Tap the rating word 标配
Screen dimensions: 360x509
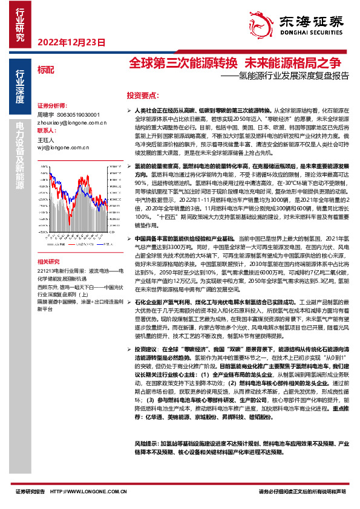[45, 70]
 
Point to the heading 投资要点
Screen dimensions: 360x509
[143, 96]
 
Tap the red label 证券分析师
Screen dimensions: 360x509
[51, 105]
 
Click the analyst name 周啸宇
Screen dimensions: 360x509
[45, 114]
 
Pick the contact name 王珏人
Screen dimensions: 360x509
[45, 138]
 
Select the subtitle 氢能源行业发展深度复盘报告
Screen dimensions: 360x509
[294, 77]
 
